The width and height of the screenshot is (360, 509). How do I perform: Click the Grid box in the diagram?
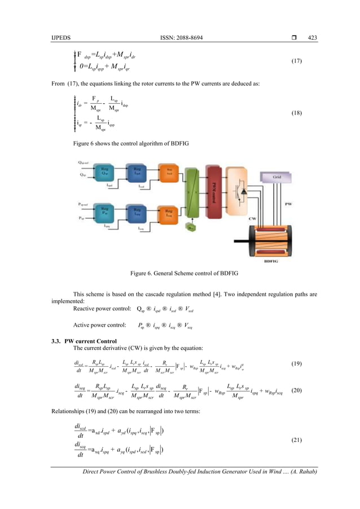click(x=276, y=177)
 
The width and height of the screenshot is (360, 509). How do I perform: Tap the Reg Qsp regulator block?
click(x=104, y=173)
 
